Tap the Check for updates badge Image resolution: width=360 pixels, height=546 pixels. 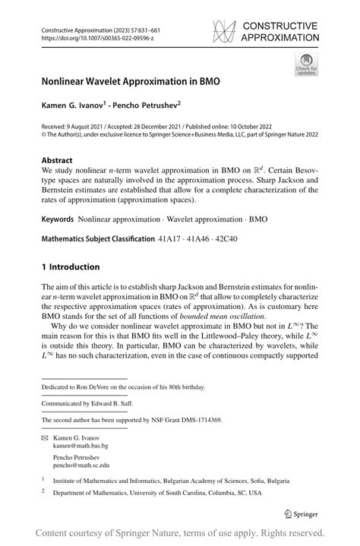[x=306, y=64]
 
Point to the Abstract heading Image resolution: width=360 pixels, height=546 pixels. [x=57, y=160]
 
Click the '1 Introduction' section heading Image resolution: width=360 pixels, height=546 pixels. [x=71, y=267]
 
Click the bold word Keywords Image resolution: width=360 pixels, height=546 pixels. [x=58, y=218]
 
